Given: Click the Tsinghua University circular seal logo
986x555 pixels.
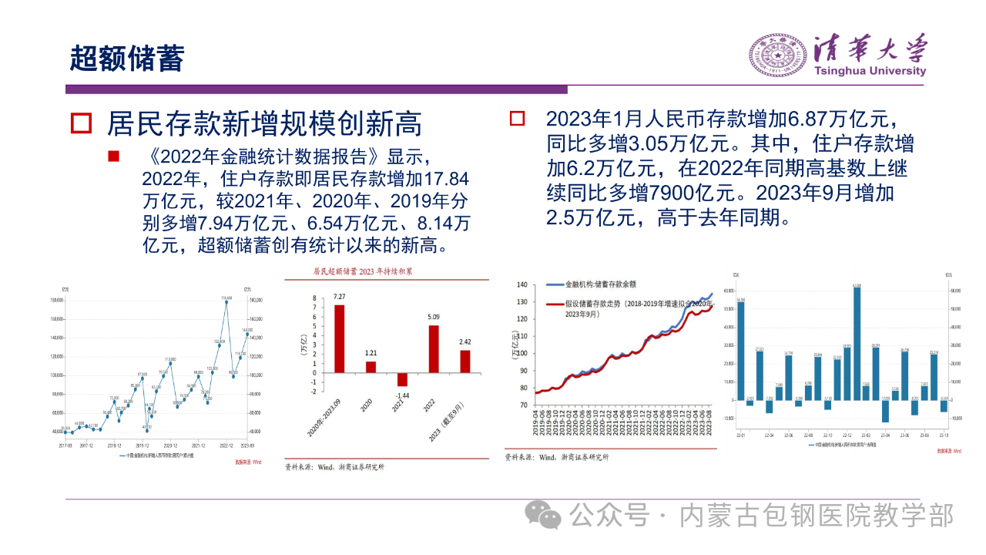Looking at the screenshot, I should [778, 55].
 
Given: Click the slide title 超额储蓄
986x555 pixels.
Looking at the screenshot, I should [127, 58].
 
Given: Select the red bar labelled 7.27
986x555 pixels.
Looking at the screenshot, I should [339, 338].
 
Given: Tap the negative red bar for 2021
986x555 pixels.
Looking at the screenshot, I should [402, 379].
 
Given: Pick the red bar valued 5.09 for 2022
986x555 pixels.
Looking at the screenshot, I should [434, 348].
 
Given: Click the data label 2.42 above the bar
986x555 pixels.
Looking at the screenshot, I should [465, 341].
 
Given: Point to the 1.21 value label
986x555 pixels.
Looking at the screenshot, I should [371, 352].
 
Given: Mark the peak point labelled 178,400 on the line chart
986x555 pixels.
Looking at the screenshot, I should [226, 301].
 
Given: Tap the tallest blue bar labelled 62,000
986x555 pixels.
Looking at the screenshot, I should [857, 344].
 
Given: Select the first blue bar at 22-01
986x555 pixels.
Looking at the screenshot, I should [740, 351].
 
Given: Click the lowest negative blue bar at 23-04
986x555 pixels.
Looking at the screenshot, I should [885, 411].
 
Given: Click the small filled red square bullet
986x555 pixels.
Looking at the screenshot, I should [113, 156].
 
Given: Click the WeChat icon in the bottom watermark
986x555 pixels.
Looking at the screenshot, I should [549, 514].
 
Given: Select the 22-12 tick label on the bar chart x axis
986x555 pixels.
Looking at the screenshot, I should [847, 436].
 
